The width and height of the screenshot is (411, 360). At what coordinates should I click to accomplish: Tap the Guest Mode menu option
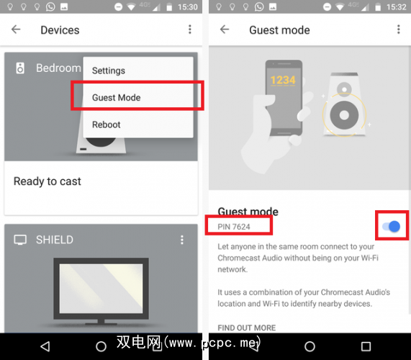click(x=117, y=97)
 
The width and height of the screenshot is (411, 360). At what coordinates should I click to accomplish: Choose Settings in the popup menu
click(x=109, y=71)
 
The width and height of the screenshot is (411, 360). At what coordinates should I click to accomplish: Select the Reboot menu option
click(x=106, y=125)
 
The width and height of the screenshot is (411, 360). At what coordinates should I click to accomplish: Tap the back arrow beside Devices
click(x=16, y=30)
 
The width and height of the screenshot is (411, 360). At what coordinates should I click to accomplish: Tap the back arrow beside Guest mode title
click(x=225, y=30)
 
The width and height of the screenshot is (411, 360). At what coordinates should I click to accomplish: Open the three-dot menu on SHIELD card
click(x=182, y=240)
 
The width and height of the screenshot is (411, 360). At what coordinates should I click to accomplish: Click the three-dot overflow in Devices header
click(x=190, y=30)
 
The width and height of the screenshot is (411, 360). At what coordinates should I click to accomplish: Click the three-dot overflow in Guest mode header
click(x=399, y=30)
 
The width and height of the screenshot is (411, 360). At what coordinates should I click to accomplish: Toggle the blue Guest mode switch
click(x=392, y=226)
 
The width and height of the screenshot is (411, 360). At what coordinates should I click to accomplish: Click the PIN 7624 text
click(x=234, y=227)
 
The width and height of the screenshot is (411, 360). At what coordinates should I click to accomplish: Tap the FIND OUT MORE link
click(x=247, y=328)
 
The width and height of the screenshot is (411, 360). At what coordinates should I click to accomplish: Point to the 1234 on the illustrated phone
click(x=283, y=80)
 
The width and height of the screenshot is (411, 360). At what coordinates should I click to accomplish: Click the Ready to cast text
click(x=48, y=181)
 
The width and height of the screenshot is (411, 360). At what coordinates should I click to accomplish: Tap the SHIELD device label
click(x=55, y=240)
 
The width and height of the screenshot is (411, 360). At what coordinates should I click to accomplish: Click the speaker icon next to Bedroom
click(x=20, y=68)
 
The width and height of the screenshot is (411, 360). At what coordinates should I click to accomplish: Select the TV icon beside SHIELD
click(x=20, y=240)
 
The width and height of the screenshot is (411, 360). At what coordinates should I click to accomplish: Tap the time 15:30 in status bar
click(x=188, y=7)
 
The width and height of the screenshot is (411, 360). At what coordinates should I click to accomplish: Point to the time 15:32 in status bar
click(x=397, y=7)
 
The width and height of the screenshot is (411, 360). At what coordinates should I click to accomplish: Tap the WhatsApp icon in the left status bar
click(x=50, y=6)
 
